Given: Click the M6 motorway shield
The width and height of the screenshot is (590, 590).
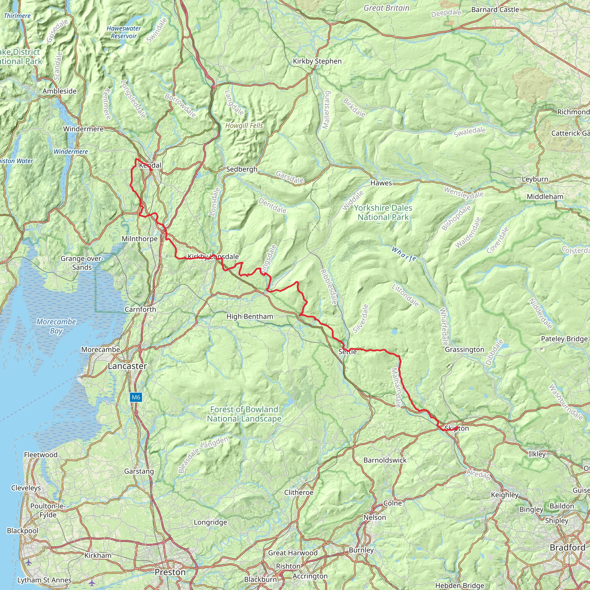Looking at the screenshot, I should [x=136, y=397].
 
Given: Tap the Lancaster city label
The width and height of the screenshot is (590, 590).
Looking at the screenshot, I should [x=127, y=366].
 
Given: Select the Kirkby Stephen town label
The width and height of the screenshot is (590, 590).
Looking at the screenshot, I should [x=317, y=61].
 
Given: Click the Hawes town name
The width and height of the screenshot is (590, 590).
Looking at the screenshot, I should [x=381, y=183].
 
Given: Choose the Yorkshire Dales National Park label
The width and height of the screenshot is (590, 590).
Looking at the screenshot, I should [x=383, y=213].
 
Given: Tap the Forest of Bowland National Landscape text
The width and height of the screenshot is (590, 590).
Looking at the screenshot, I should [x=244, y=414].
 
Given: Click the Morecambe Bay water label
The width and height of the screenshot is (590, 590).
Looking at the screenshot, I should [x=56, y=326].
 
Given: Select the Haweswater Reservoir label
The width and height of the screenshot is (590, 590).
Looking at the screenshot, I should [x=124, y=32].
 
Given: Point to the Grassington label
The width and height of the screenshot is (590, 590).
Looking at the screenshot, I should [x=464, y=349].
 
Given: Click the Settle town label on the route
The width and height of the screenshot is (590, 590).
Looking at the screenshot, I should [x=347, y=352].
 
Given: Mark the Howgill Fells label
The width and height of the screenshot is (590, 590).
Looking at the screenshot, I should [x=244, y=126].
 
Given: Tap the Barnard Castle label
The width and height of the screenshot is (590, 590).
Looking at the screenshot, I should [x=495, y=10].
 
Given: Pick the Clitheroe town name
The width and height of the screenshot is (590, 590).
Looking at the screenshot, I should [x=299, y=493].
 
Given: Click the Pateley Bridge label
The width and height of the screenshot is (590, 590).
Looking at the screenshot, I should [x=564, y=339].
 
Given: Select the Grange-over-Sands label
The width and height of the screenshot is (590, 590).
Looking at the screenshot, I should [x=82, y=263].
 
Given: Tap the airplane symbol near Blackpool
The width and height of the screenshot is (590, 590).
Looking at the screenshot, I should [x=29, y=563].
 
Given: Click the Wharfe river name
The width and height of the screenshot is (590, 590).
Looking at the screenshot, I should [x=404, y=254].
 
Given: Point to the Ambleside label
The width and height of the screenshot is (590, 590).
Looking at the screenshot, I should [x=60, y=91].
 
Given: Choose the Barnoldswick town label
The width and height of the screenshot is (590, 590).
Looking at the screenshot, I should [x=385, y=460].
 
